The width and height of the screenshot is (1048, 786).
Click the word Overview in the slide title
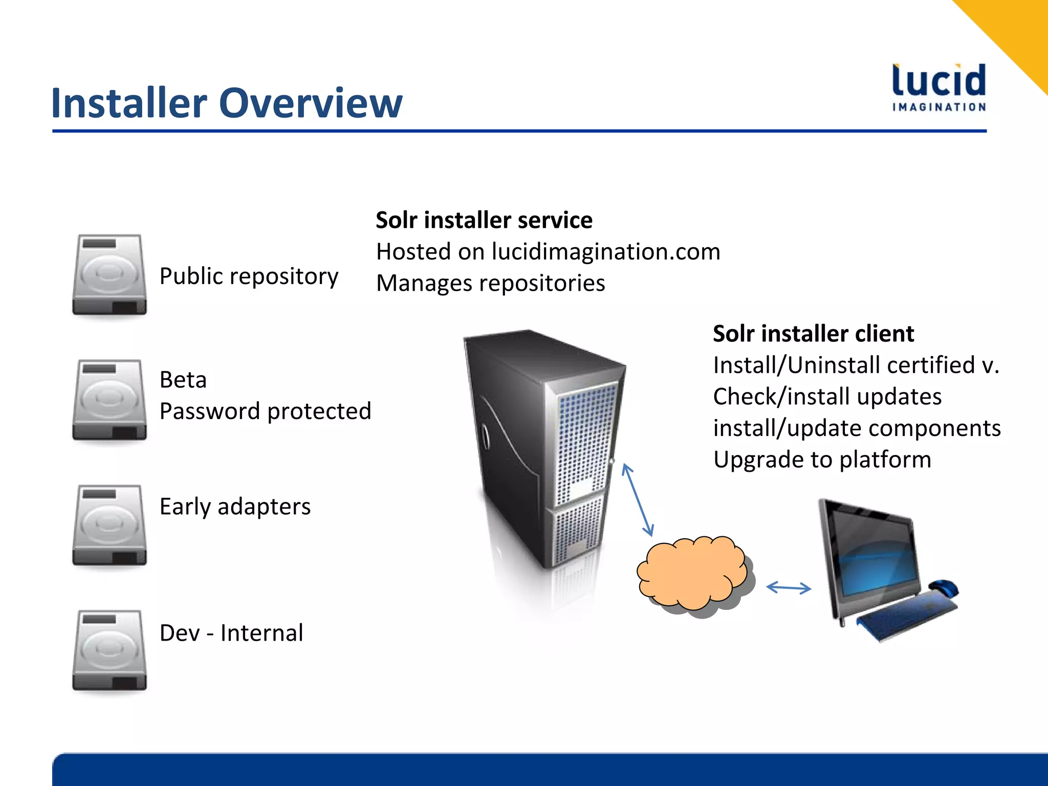[x=311, y=103]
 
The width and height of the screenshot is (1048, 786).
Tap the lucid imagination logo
[x=939, y=88]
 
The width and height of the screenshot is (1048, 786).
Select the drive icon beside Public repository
[x=110, y=275]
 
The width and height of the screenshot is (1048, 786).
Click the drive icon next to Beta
[x=110, y=400]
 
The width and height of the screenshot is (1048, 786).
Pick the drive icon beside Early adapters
[x=110, y=525]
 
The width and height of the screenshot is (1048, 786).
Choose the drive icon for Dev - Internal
[x=110, y=650]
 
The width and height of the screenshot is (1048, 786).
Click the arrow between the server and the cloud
[x=638, y=499]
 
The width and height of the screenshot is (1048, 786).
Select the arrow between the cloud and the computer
[x=789, y=588]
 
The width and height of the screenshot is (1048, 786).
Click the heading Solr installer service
[x=484, y=220]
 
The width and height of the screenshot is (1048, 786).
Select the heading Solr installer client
[x=813, y=334]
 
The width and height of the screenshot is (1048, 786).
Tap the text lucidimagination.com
[x=606, y=252]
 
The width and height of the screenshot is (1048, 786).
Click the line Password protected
[x=265, y=411]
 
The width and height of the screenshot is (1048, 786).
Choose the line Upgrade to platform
[x=822, y=460]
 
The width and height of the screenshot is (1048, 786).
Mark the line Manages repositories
[x=490, y=283]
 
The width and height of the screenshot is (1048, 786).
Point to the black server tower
[x=542, y=450]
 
